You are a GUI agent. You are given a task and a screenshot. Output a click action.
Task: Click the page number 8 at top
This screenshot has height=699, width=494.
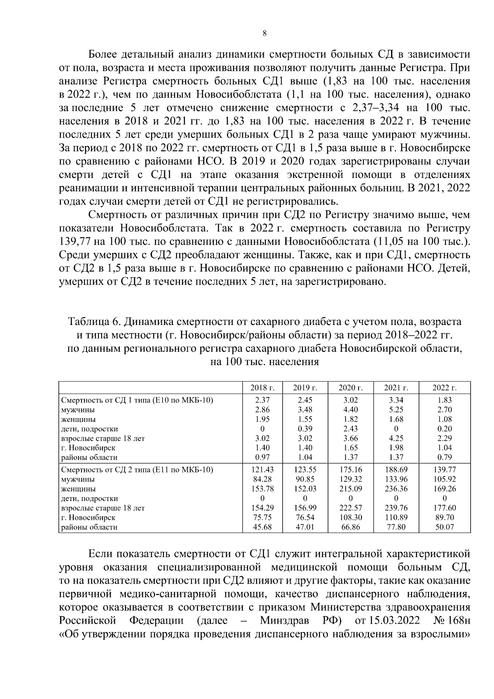264,34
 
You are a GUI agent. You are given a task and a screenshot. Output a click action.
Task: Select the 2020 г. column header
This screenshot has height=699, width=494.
350,388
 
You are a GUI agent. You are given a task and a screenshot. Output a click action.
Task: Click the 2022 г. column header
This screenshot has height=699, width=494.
444,388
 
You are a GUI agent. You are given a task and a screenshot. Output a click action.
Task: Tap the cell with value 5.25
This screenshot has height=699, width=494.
396,409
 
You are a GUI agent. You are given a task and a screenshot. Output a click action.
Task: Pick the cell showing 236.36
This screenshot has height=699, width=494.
396,489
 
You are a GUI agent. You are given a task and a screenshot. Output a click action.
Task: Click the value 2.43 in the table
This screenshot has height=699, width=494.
350,429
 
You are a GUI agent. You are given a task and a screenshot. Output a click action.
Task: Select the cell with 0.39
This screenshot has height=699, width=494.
305,429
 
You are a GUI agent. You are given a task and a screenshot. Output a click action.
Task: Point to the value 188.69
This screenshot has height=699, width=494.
396,470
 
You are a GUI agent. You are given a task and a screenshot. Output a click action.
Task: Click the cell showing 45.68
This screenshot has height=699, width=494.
262,527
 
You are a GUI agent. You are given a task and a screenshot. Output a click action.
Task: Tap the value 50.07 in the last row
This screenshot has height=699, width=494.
444,527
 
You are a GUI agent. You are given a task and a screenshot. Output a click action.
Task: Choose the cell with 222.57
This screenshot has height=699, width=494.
350,508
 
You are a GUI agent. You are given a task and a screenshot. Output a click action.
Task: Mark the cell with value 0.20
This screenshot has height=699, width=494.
444,429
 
